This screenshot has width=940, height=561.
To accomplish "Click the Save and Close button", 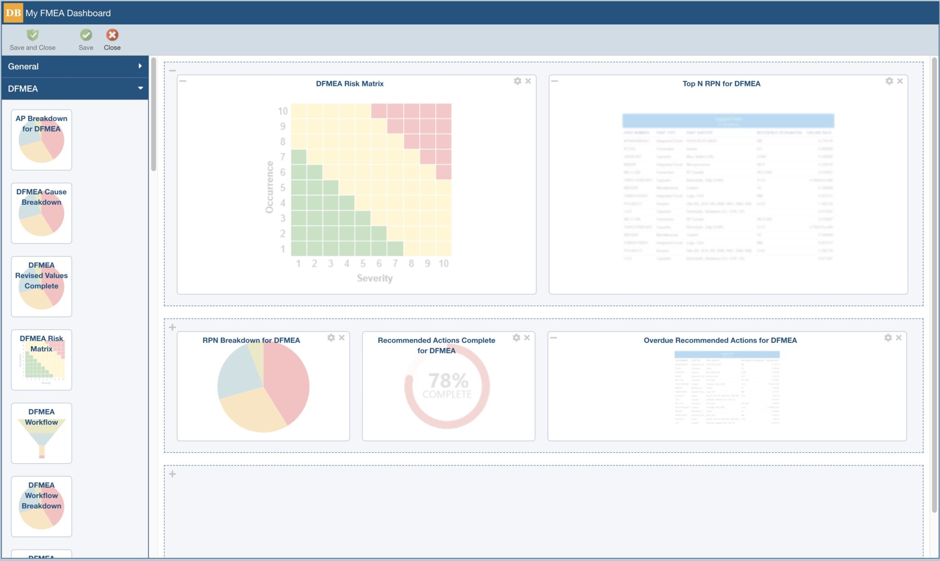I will (x=32, y=39).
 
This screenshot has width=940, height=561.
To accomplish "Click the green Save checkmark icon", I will (x=86, y=35).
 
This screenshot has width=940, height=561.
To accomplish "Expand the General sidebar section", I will (x=75, y=67).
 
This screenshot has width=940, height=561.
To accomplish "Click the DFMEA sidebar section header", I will (x=75, y=89).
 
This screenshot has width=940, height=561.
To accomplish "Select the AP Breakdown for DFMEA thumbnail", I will (x=41, y=140).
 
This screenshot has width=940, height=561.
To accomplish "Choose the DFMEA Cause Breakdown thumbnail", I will (x=41, y=213).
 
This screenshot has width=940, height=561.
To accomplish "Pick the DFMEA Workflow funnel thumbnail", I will (x=41, y=433).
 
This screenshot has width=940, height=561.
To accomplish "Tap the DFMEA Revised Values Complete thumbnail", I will (x=41, y=286).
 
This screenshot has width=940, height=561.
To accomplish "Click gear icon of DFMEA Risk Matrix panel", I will (x=517, y=81).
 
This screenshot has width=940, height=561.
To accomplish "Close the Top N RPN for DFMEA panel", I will (x=900, y=81).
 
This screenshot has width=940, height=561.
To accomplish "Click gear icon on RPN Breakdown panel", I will (x=331, y=338).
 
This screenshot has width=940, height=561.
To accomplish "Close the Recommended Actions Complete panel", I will (x=527, y=338).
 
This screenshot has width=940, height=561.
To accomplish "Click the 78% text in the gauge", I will (x=448, y=381).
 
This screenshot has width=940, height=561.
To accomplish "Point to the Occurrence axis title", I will (x=269, y=187).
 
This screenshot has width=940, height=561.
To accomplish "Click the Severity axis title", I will (x=375, y=278).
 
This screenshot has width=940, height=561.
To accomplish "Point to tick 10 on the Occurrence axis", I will (x=282, y=111).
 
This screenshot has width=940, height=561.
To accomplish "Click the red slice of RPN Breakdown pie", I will (x=287, y=381).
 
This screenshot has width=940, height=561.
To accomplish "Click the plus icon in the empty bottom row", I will (x=173, y=474).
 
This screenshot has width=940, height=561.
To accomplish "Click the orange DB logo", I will (x=13, y=13).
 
